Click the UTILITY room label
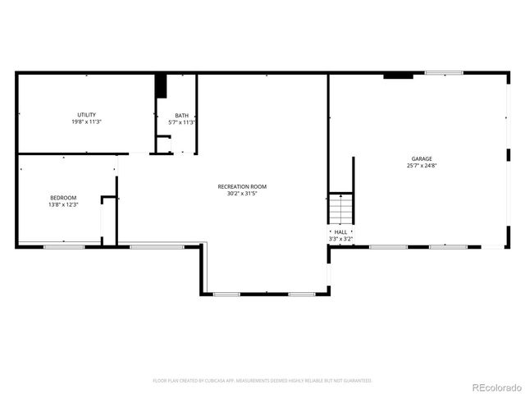(x=86, y=115)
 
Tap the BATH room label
(x=181, y=115)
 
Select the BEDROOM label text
(x=63, y=198)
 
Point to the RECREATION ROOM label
(x=242, y=186)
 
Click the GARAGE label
(x=422, y=158)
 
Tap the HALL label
(x=340, y=232)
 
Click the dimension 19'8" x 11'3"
(x=86, y=122)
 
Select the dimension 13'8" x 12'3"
(x=63, y=205)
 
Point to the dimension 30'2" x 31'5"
(x=242, y=194)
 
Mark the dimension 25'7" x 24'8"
(x=422, y=166)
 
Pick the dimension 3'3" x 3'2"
(x=340, y=239)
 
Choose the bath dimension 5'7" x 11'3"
(x=181, y=122)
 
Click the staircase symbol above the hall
(x=340, y=208)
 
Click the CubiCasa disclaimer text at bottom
(x=262, y=381)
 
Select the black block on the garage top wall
(x=398, y=76)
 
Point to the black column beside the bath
(x=162, y=85)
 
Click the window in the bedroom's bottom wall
(x=64, y=245)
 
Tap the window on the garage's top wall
(x=444, y=73)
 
